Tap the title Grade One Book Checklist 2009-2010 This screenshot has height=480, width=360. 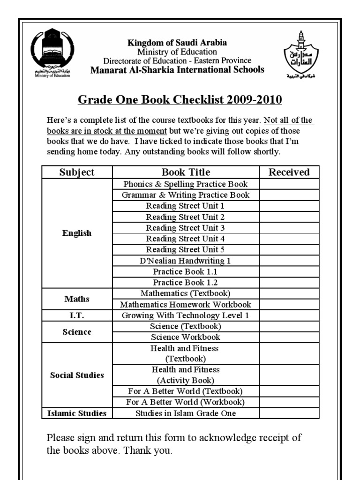[180, 101]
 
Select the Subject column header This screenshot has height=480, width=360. [77, 172]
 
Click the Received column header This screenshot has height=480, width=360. [289, 172]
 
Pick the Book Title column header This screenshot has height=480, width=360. [186, 172]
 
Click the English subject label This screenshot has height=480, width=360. [77, 233]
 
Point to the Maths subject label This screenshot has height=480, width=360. [77, 299]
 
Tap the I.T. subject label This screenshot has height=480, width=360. [77, 315]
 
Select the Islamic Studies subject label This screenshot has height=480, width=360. [77, 413]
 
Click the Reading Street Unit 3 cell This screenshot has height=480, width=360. [186, 228]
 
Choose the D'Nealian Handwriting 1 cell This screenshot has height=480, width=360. [186, 261]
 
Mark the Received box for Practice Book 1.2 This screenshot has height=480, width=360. [289, 283]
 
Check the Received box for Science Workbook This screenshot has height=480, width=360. [289, 337]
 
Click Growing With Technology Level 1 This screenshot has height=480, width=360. [186, 315]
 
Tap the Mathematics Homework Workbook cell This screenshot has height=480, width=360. [186, 305]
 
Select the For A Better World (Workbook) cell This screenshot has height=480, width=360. [186, 402]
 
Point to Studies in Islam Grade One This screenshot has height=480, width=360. [186, 413]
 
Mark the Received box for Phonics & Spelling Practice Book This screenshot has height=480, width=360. [289, 184]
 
